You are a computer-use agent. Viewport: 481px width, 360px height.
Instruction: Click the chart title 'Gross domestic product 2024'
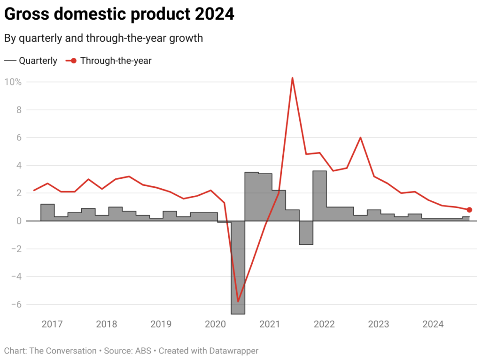[x=119, y=15]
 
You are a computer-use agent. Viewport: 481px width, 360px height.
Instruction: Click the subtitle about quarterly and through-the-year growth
[x=103, y=38]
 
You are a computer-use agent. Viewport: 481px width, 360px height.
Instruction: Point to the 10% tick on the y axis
[x=13, y=82]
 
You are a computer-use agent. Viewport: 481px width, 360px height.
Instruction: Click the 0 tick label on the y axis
[x=18, y=221]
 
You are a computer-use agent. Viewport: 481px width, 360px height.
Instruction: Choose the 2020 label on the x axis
[x=216, y=324]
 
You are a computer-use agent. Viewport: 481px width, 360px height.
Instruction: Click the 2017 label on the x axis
[x=52, y=324]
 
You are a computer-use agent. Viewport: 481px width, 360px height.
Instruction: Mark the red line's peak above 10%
[x=292, y=78]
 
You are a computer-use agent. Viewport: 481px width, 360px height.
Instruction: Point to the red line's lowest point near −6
[x=238, y=301]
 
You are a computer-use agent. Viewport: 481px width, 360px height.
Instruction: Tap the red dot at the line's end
[x=469, y=210]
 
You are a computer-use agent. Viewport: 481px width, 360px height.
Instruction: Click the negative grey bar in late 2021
[x=306, y=232]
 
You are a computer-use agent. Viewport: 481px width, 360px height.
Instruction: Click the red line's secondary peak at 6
[x=360, y=138]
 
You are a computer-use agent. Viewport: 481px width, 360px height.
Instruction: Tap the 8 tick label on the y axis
[x=18, y=110]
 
